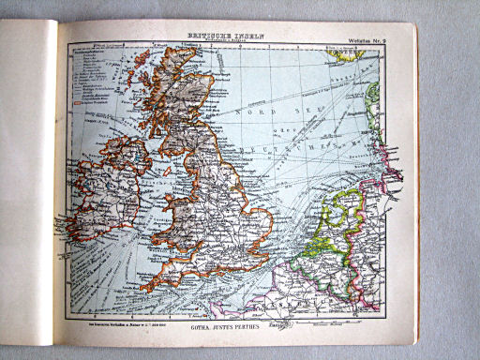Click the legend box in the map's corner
tap(95, 84)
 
